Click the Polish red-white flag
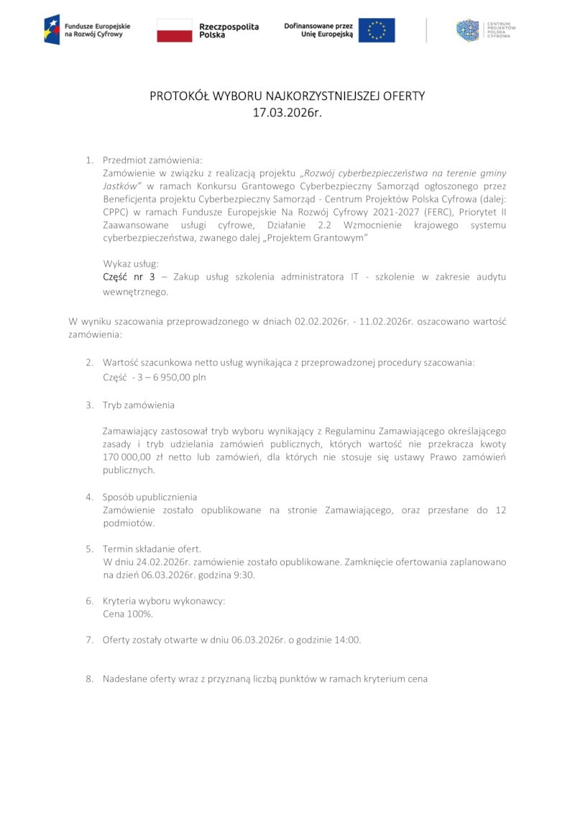point(175,30)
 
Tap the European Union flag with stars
point(377,30)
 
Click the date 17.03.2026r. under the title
point(287,112)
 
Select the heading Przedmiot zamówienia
point(152,160)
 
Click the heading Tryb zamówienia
point(138,405)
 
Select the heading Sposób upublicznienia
point(149,497)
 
